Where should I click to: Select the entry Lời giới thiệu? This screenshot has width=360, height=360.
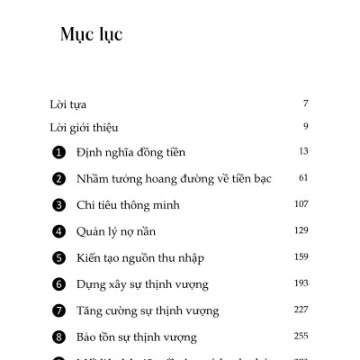[85, 127]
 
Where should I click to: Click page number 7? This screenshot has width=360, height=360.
[306, 103]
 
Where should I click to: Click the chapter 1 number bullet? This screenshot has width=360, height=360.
[59, 153]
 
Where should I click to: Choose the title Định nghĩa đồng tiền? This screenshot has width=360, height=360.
[131, 153]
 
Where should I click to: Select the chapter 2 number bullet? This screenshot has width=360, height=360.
[59, 179]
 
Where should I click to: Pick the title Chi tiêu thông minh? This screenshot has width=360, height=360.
[129, 205]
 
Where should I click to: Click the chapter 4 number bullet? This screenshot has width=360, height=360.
[59, 232]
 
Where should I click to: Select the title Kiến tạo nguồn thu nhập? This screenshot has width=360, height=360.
[140, 258]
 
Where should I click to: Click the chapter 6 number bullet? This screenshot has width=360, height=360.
[59, 285]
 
